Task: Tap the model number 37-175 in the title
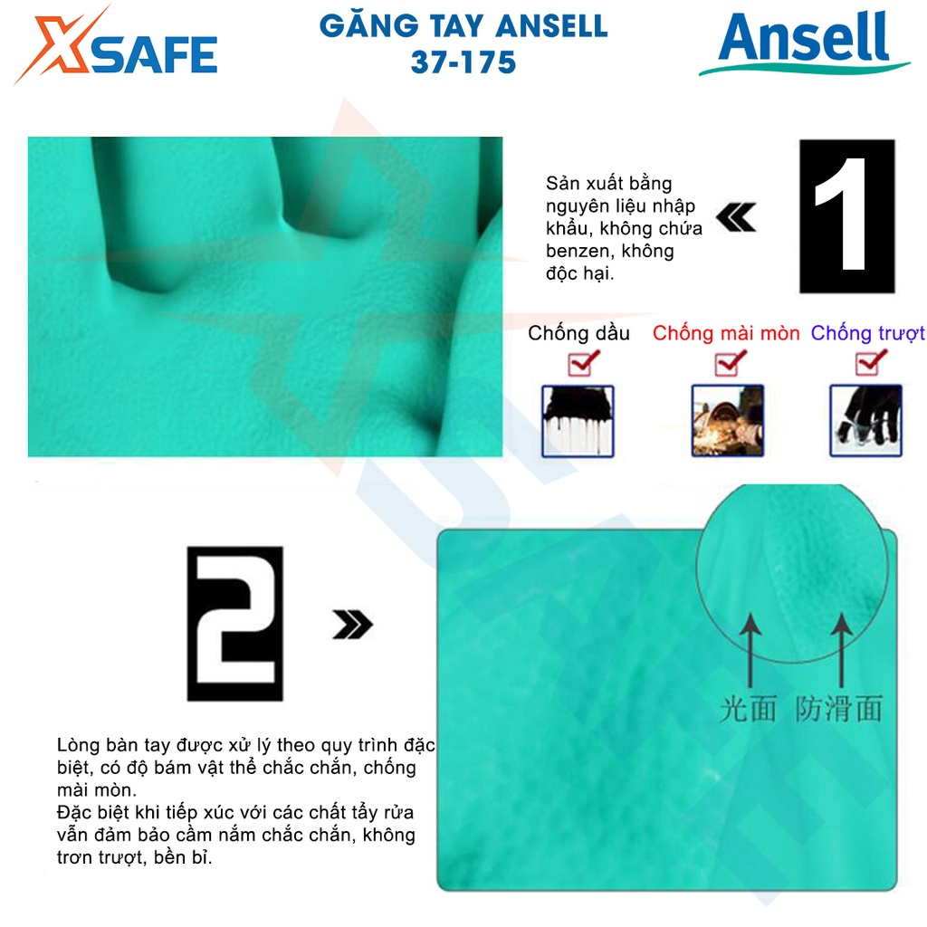[463, 62]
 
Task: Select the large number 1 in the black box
[846, 215]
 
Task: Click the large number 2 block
[234, 624]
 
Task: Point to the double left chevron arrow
[735, 217]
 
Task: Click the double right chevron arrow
[352, 624]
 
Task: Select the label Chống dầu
[578, 333]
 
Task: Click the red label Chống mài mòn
[726, 333]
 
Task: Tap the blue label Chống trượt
[867, 333]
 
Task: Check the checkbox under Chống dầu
[580, 364]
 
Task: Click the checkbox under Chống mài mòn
[729, 364]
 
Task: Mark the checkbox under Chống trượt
[870, 364]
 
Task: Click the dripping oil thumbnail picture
[578, 420]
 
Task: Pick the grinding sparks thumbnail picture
[728, 420]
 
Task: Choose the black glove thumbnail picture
[866, 420]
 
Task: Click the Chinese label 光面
[749, 708]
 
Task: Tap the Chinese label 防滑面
[839, 708]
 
